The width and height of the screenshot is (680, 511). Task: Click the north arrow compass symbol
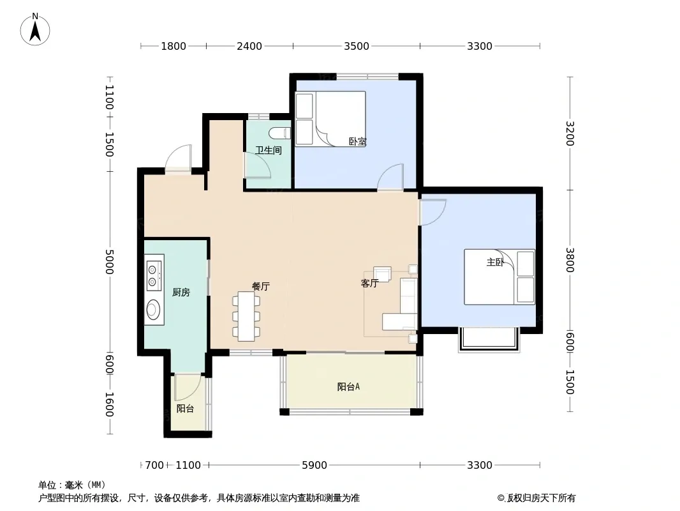35,29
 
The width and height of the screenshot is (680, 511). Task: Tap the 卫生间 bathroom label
269,150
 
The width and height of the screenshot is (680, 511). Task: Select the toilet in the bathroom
280,132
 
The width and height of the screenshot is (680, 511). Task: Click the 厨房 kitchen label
181,292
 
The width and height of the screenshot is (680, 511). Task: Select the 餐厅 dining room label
261,286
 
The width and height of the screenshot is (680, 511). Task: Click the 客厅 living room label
369,284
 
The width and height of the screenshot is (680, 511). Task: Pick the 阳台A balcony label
349,386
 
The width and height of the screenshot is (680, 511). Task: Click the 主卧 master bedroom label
495,263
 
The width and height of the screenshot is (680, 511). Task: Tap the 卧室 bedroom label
358,142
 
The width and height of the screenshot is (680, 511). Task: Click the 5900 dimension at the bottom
314,465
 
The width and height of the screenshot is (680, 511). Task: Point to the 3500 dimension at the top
357,46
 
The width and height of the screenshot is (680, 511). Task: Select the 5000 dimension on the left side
109,262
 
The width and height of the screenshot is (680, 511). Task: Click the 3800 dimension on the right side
570,259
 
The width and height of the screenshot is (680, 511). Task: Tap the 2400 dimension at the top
249,46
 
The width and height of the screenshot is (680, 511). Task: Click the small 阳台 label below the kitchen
185,409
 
